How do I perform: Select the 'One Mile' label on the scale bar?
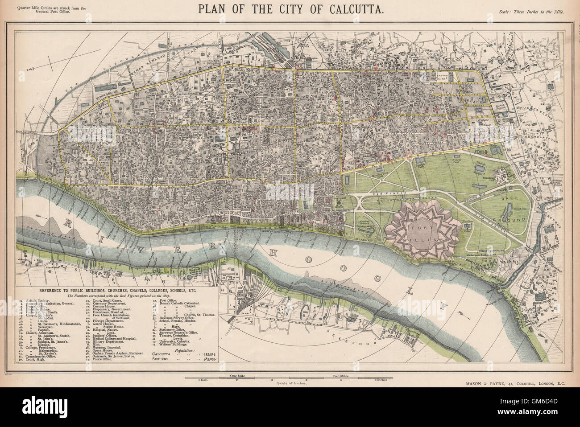click(236, 376)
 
